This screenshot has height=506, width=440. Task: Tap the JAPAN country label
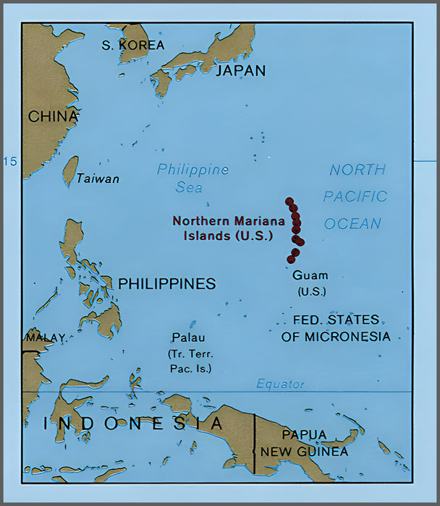click(241, 71)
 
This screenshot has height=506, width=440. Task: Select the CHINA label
click(53, 116)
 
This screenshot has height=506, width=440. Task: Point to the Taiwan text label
click(98, 179)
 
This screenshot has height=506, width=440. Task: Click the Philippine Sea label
click(192, 178)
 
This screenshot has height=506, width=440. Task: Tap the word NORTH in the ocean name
click(357, 171)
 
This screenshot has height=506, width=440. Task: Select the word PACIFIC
click(355, 197)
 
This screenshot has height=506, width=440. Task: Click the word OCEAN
click(352, 223)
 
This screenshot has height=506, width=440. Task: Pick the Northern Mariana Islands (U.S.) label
click(223, 228)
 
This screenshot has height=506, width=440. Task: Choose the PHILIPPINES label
click(166, 284)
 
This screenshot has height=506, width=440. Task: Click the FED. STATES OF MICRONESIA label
click(336, 328)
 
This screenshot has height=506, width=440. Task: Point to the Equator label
click(281, 385)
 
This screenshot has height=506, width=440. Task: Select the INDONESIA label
click(134, 423)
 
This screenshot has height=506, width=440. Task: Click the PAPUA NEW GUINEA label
click(304, 442)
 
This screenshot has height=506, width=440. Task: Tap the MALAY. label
click(46, 338)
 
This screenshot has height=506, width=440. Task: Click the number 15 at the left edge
click(10, 161)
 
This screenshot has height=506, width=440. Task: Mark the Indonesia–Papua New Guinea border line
click(255, 441)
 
